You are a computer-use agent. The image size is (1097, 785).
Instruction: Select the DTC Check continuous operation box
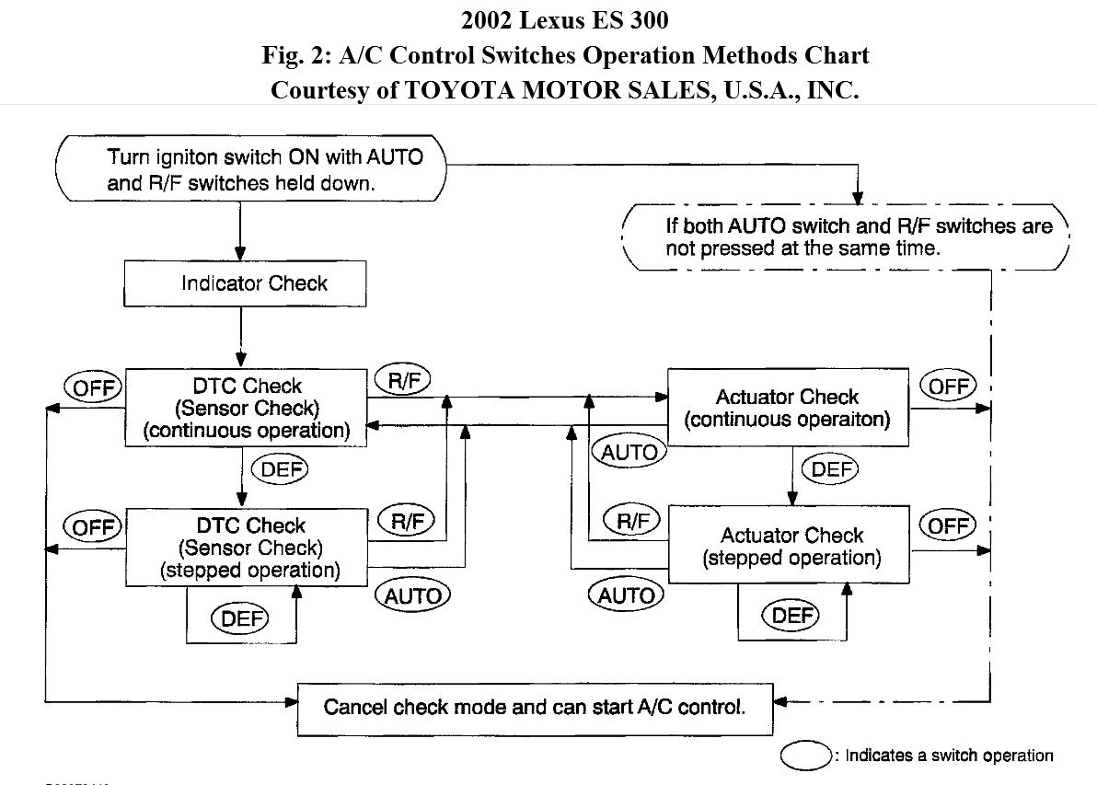tap(246, 408)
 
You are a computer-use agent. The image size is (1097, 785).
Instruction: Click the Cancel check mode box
tap(534, 708)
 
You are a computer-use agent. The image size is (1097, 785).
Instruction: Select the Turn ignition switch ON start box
tap(251, 169)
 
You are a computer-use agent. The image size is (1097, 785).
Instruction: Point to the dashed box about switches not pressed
tap(846, 237)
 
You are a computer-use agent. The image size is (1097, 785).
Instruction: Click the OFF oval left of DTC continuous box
tap(93, 387)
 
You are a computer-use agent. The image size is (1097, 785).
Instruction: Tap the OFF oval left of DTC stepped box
tap(93, 526)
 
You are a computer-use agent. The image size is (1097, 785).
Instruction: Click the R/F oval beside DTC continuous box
tap(403, 381)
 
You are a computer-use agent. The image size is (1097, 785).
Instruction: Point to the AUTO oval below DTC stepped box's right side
tap(412, 595)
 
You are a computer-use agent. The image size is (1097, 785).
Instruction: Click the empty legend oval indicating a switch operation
tap(806, 756)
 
